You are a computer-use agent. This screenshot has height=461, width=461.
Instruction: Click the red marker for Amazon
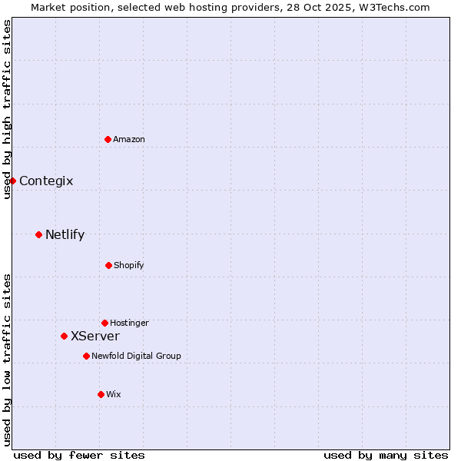point(108,139)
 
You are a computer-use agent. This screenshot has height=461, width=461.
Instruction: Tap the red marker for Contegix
point(12,181)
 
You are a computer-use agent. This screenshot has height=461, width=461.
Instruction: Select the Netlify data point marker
point(38,234)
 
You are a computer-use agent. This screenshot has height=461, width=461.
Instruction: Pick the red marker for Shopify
point(108,265)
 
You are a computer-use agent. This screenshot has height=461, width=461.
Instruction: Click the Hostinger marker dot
point(104,323)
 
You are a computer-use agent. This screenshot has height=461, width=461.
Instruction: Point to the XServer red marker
point(64,336)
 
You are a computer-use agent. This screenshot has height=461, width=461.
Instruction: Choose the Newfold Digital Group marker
point(86,356)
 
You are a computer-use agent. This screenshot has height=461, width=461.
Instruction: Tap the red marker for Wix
point(101,394)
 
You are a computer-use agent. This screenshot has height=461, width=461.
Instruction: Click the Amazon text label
point(129,139)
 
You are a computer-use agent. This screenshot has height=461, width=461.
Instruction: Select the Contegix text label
point(46,181)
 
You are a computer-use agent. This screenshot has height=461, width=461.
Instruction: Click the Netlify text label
point(65,235)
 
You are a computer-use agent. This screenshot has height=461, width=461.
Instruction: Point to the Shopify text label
point(129,265)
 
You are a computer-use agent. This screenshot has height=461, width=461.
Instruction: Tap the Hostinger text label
point(129,323)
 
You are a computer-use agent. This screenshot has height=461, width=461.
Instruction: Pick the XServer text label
point(95,337)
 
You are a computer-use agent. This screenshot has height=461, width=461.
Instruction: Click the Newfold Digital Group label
point(136,356)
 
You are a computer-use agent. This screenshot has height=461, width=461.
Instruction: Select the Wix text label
point(114,394)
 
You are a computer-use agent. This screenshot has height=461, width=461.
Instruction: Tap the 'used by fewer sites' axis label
point(79,455)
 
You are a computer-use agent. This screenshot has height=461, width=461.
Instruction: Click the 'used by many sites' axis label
point(386,455)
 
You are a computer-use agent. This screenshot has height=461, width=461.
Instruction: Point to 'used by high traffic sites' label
point(7,109)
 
